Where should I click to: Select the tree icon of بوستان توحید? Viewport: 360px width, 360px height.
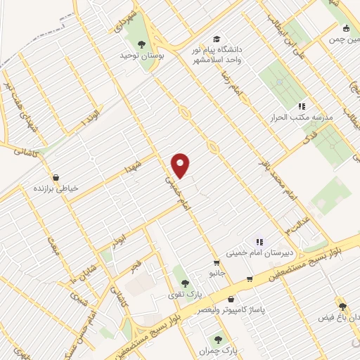coord(141,44)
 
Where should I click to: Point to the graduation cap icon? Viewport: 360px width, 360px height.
coord(217,39)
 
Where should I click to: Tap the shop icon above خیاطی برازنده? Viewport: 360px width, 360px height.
coord(56,177)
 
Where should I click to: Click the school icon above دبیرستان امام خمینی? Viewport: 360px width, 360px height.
coord(259,242)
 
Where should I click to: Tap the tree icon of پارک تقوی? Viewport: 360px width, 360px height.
coord(185,283)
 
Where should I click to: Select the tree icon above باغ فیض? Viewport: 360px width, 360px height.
coord(342,307)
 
